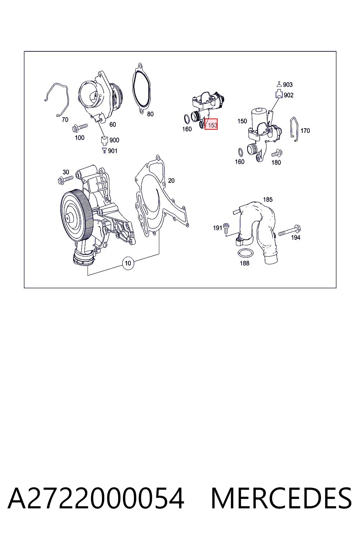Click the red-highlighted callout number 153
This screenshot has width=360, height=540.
click(211, 124)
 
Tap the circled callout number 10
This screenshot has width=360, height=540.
click(128, 263)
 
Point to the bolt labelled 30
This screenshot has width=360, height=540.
click(65, 179)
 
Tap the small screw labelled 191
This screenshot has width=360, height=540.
click(226, 228)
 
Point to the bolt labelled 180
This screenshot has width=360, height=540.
click(277, 153)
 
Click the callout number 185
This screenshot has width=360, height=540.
click(268, 199)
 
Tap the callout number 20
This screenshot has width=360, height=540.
click(171, 181)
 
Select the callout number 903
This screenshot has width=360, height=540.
click(288, 85)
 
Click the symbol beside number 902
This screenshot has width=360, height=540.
click(279, 94)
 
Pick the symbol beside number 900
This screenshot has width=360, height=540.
click(104, 140)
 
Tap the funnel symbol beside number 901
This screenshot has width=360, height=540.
click(104, 150)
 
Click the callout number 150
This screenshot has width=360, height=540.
click(242, 121)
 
